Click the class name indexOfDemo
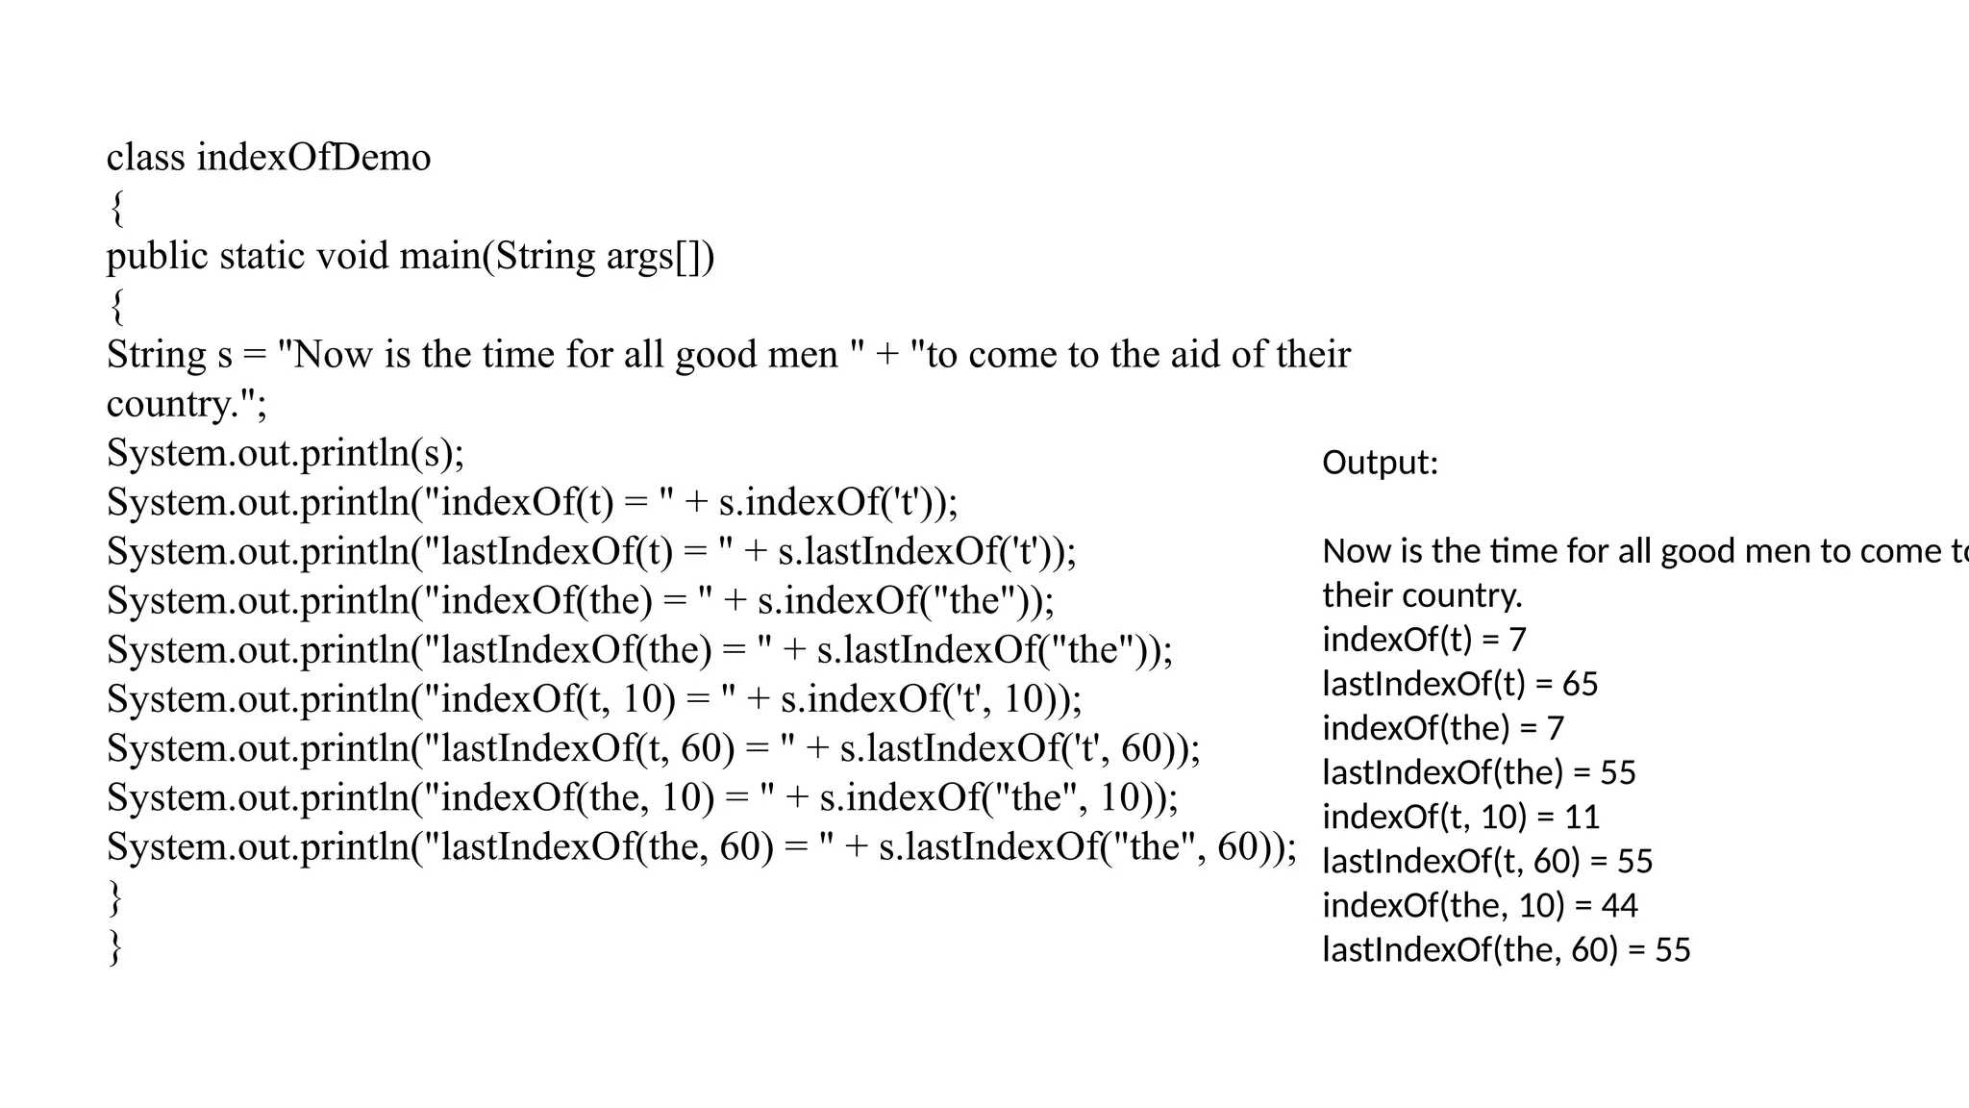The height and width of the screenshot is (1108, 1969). (x=313, y=158)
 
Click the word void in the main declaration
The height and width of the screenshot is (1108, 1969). (x=352, y=257)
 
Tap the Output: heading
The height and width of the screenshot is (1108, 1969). (x=1380, y=463)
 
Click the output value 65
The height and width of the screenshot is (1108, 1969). (x=1580, y=684)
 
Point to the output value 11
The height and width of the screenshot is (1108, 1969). (x=1582, y=817)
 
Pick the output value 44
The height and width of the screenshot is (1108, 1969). (x=1620, y=905)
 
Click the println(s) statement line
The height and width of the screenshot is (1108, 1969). (x=286, y=453)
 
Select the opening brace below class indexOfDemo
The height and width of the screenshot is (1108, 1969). (x=116, y=207)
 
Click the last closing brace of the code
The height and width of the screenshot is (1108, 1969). (x=116, y=946)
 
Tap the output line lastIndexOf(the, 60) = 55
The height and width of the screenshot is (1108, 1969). (x=1506, y=949)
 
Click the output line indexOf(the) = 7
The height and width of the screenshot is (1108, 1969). (x=1442, y=728)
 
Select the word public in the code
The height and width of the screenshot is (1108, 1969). (x=157, y=257)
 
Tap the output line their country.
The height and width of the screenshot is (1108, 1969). (x=1422, y=595)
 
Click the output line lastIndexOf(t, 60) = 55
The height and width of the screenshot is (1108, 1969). (x=1486, y=861)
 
